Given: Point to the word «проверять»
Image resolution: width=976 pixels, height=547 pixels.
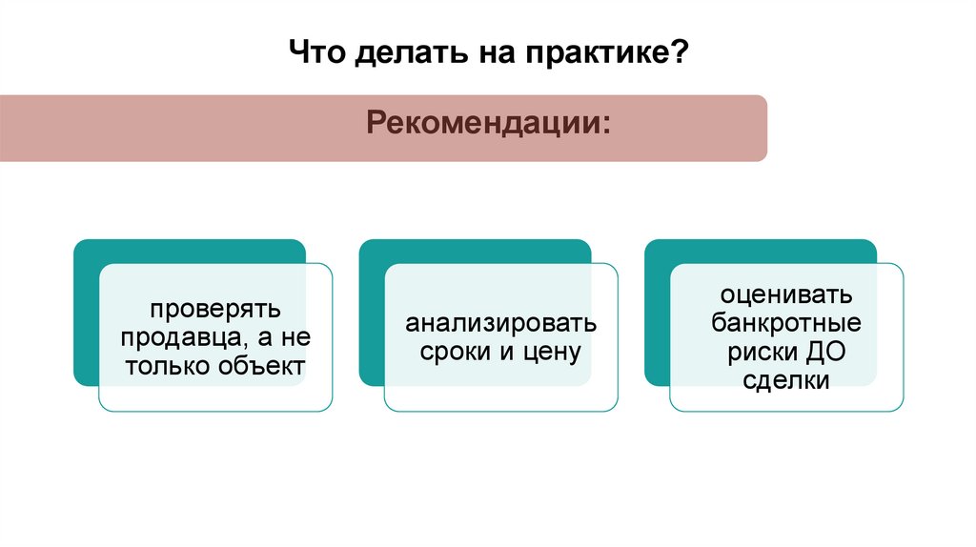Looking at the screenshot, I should pyautogui.click(x=214, y=309).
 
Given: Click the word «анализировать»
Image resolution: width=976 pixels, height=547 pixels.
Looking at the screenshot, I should pyautogui.click(x=501, y=323).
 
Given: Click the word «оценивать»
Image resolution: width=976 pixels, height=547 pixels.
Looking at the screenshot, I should pyautogui.click(x=786, y=294).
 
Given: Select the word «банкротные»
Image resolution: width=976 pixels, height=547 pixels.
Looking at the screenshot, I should pyautogui.click(x=786, y=323).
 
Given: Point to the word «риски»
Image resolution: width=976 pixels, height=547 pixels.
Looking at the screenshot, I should pyautogui.click(x=762, y=352).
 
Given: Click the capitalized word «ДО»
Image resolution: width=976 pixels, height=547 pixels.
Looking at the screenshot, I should pyautogui.click(x=827, y=352).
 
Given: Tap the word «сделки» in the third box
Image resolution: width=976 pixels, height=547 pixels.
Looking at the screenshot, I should pyautogui.click(x=786, y=380).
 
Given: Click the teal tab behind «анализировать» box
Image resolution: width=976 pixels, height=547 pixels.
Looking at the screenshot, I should pyautogui.click(x=476, y=253).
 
